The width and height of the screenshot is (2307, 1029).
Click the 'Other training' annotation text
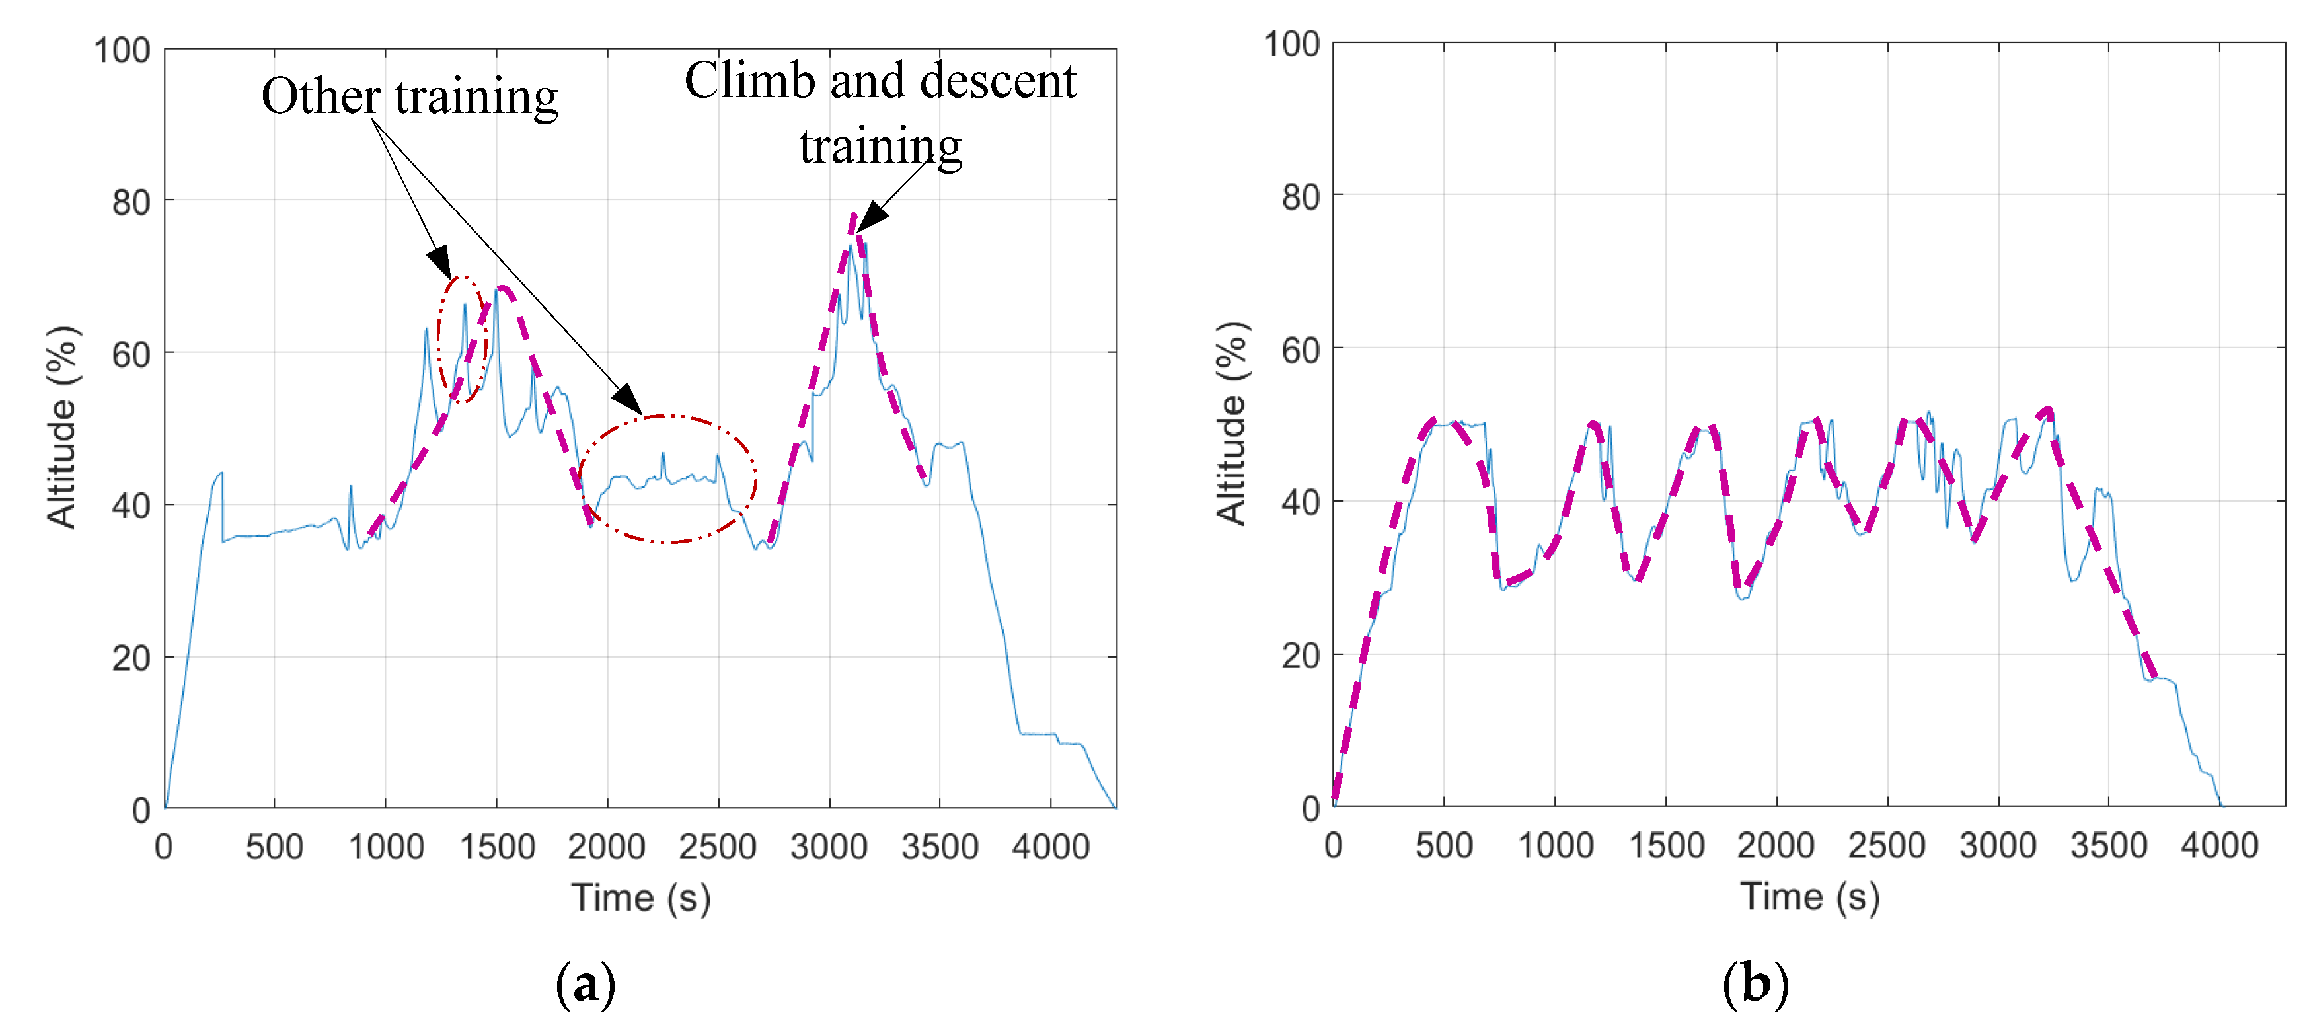[409, 96]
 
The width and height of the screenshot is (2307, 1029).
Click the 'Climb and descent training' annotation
[880, 112]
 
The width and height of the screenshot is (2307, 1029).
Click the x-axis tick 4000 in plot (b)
[2218, 845]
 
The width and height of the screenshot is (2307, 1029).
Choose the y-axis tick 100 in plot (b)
[1291, 44]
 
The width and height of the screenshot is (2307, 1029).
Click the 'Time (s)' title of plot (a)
[641, 897]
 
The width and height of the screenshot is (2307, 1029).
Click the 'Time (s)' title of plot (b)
[1809, 896]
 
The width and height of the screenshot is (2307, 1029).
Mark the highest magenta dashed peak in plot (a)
[854, 217]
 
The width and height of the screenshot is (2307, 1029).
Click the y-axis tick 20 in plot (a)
[131, 658]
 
